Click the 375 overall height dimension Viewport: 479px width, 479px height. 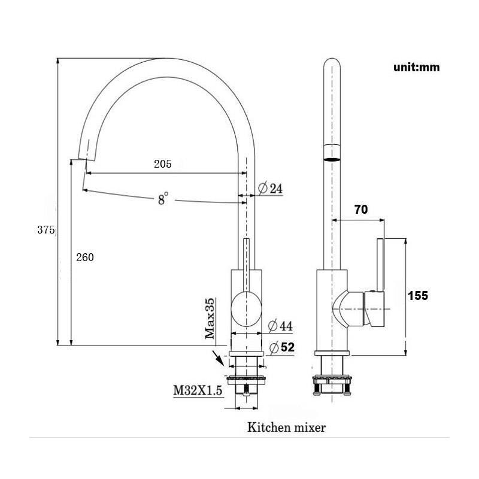pos(46,230)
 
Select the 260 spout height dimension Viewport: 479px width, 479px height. pos(85,257)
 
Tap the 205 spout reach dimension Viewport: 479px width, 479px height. pos(162,164)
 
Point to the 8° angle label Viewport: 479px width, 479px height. pos(163,199)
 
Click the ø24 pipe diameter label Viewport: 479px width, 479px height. pos(271,188)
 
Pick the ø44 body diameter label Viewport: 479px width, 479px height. pos(280,326)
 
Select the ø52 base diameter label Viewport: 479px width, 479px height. pos(282,347)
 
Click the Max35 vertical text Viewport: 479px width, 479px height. pos(210,319)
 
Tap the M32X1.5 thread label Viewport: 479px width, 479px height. pos(198,390)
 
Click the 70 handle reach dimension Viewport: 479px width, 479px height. pos(361,210)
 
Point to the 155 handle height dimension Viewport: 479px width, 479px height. pos(418,295)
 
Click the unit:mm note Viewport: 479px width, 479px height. pos(416,67)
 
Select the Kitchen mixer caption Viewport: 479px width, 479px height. pos(286,427)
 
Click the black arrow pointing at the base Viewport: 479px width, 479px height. pos(219,357)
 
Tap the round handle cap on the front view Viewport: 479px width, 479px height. pos(246,308)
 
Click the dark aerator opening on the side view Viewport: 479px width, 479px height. pos(332,159)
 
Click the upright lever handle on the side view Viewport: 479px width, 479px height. pos(380,265)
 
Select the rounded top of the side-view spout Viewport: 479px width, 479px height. pos(332,63)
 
